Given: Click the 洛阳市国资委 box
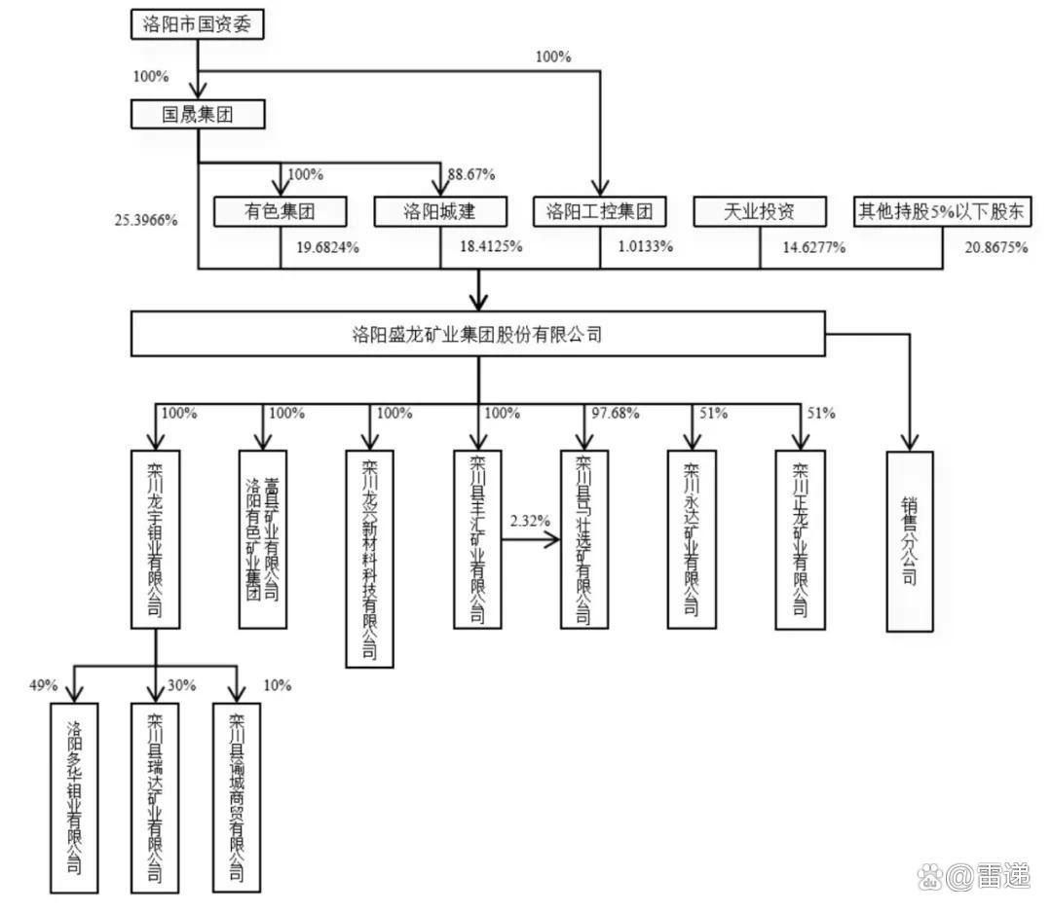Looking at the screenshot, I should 198,25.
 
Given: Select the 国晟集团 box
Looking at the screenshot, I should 198,115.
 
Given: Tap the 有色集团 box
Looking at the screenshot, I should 282,210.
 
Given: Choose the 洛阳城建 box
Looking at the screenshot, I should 440,210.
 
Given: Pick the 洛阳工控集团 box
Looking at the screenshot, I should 599,210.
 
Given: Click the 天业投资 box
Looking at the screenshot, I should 760,210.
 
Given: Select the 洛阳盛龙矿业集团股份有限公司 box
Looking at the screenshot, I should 477,336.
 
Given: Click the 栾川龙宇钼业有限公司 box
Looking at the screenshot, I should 156,537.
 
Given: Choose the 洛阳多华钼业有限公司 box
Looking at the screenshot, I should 74,797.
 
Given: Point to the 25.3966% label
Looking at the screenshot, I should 146,219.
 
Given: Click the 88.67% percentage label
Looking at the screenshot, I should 470,175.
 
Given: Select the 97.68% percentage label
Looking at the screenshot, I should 616,413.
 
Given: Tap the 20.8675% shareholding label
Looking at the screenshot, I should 996,247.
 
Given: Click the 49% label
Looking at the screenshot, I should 44,685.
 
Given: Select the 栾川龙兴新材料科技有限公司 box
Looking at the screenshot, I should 370,558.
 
